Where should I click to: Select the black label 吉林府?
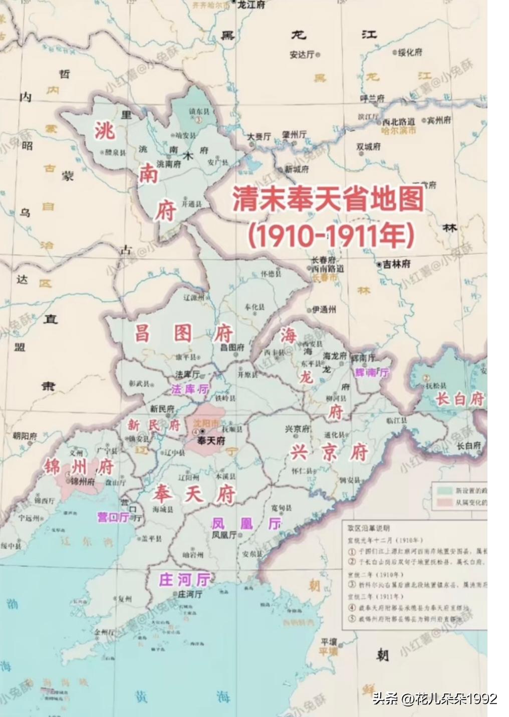coord(396,264)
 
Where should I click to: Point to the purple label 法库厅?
coord(189,389)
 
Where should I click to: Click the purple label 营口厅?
coord(114,517)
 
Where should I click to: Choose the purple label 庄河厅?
coord(184,580)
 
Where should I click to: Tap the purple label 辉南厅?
coord(372,373)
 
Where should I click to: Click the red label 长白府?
coord(460,399)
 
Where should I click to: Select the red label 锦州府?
coord(79,467)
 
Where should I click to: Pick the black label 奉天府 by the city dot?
coord(211,441)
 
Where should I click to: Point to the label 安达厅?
coord(302,55)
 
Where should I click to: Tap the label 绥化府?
coord(410,52)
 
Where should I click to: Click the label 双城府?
coord(368,147)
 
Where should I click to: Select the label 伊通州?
coord(324,310)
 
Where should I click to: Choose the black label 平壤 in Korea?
coord(329,642)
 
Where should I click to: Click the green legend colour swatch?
coord(443,490)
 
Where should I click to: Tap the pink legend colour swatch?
coord(443,503)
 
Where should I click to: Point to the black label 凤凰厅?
coord(223,535)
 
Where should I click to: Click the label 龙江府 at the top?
coord(251,5)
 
